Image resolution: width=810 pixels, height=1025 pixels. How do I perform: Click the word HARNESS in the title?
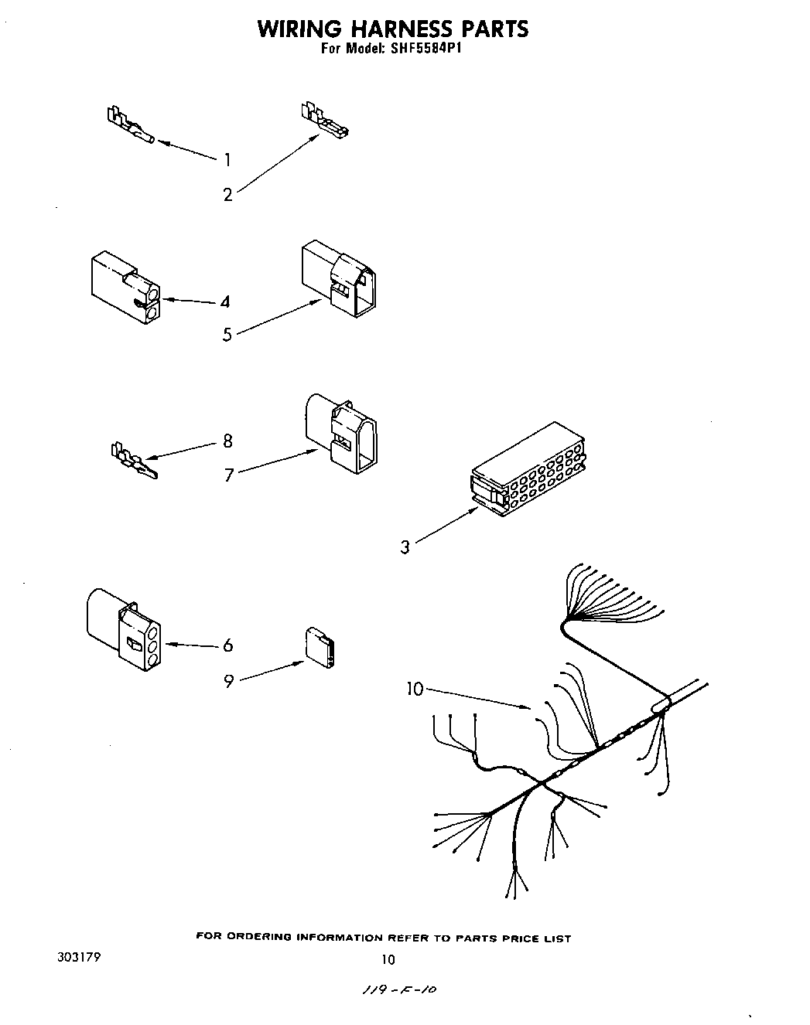click(401, 29)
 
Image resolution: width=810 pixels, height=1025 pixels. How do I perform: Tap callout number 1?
click(227, 160)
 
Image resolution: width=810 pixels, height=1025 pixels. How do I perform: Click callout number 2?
click(227, 195)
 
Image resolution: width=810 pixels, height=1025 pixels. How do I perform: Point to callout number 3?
click(405, 547)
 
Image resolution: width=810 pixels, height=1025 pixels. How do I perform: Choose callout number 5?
click(227, 335)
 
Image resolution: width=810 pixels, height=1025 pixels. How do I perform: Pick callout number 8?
click(227, 441)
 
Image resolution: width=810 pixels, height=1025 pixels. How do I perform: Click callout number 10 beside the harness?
click(415, 689)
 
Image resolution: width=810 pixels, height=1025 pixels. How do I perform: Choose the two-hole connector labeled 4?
click(125, 286)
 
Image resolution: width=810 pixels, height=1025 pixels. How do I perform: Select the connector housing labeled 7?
click(341, 433)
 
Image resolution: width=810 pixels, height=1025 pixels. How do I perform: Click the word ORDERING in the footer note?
click(259, 938)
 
